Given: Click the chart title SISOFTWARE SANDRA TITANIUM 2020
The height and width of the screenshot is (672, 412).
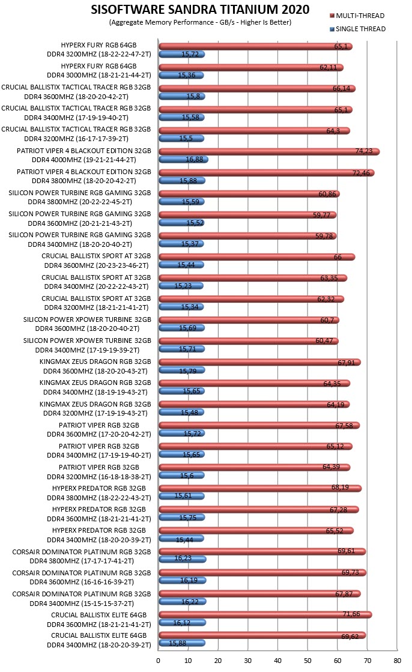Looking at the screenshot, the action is click(x=200, y=10).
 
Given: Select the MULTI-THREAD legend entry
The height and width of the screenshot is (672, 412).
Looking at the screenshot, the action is click(x=357, y=16).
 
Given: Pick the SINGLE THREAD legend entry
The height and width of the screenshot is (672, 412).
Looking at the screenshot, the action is click(x=357, y=29).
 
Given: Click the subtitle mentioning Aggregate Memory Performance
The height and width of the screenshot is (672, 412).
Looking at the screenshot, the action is click(x=200, y=22).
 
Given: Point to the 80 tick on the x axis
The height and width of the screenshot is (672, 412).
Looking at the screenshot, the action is click(x=397, y=661).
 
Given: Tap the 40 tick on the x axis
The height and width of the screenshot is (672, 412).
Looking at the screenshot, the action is click(x=278, y=661).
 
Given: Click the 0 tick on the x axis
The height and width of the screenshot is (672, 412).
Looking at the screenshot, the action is click(x=158, y=661).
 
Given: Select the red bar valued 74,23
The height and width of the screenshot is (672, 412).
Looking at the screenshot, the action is click(x=269, y=151).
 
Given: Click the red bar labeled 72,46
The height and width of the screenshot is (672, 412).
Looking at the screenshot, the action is click(x=267, y=173).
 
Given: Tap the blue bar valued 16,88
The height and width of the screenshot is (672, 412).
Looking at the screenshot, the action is click(x=184, y=159).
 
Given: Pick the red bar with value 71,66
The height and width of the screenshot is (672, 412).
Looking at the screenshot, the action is click(x=265, y=614).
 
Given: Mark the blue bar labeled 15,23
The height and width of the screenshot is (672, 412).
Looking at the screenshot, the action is click(x=181, y=286).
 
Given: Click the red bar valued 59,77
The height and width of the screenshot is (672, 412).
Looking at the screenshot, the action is click(x=248, y=215).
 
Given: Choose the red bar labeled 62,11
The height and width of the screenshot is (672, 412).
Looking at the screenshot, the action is click(x=251, y=67).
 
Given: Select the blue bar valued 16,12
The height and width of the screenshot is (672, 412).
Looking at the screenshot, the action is click(x=182, y=623).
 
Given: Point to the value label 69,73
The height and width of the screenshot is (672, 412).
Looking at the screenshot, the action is click(x=350, y=572).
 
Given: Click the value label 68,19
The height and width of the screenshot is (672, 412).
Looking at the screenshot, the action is click(x=340, y=487).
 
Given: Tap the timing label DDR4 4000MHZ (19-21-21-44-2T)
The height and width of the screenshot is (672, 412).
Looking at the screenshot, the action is click(x=84, y=160).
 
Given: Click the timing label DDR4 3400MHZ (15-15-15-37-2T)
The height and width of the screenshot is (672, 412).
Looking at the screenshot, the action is click(x=82, y=604).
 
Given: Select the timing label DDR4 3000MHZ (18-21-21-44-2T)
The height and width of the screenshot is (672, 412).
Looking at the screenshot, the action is click(x=99, y=76).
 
